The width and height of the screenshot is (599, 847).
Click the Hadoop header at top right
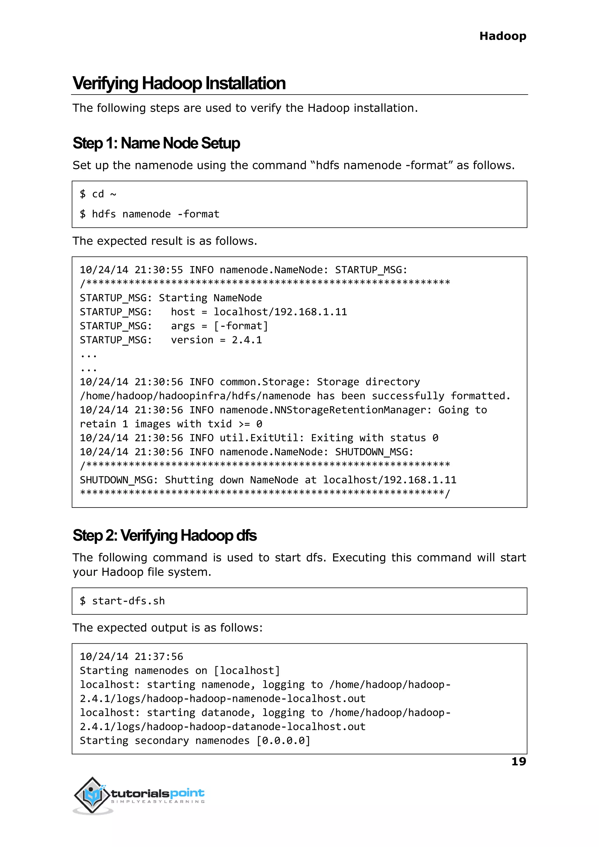tap(502, 36)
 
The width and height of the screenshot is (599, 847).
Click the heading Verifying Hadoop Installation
tap(179, 83)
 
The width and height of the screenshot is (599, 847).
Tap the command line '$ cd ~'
tap(98, 194)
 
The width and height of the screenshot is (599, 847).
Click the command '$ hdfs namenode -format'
tap(149, 214)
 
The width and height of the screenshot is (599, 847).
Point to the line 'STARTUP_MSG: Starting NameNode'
tap(171, 298)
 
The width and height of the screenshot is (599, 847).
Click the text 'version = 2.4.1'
tap(216, 340)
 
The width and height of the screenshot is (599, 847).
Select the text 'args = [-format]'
tap(219, 326)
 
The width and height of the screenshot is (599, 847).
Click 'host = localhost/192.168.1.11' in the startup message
tap(259, 312)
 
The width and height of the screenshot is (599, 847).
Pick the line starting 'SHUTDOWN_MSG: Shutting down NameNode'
tap(268, 480)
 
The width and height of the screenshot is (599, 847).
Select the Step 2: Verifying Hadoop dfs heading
tap(164, 536)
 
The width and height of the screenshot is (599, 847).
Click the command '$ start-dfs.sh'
tap(123, 601)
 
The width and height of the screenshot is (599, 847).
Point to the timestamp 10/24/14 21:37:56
tap(131, 656)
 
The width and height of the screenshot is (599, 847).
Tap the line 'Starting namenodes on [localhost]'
tap(180, 671)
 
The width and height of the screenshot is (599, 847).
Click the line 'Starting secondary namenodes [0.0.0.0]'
tap(195, 741)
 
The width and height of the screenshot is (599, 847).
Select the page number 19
tap(518, 761)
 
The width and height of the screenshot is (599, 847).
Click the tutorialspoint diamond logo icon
tap(92, 795)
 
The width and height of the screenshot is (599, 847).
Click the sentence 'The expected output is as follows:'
tap(168, 628)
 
